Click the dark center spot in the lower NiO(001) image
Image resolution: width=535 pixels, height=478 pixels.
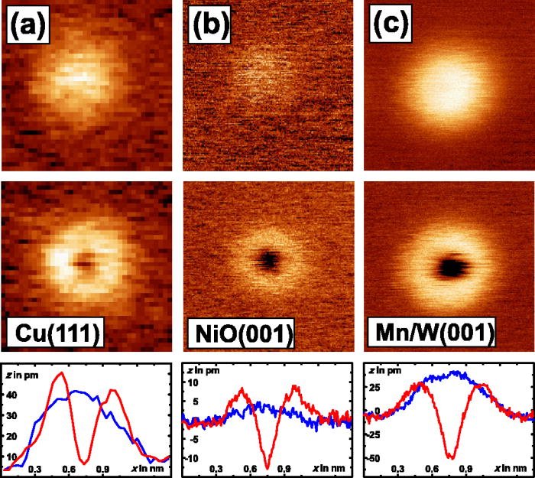click(x=268, y=261)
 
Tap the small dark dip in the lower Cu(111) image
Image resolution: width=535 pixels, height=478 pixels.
click(x=84, y=265)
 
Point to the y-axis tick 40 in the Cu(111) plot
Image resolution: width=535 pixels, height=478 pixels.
click(x=11, y=395)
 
